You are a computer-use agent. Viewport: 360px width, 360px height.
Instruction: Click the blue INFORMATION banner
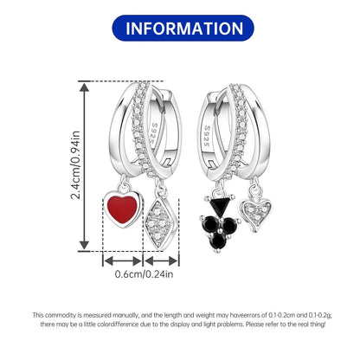tap(183, 29)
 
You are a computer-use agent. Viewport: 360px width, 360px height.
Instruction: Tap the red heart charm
tap(123, 209)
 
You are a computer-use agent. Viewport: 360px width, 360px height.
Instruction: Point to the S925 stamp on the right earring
tap(207, 136)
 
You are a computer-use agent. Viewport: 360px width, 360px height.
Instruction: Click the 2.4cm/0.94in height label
tap(75, 165)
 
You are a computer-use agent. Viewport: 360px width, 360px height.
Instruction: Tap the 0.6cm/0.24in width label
tap(144, 273)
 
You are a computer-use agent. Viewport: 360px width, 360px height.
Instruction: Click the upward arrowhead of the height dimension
tap(84, 87)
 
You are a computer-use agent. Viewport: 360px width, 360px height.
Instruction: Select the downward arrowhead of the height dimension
tap(84, 245)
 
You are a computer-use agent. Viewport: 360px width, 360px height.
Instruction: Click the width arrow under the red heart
tap(123, 261)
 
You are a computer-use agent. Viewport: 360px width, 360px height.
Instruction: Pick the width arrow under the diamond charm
tap(161, 261)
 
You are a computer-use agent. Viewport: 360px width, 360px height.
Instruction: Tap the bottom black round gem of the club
tap(218, 241)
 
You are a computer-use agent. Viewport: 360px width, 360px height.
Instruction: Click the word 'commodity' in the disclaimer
tap(61, 315)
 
